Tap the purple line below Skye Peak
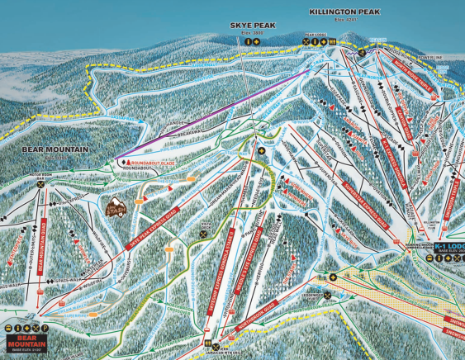point(215,115)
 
